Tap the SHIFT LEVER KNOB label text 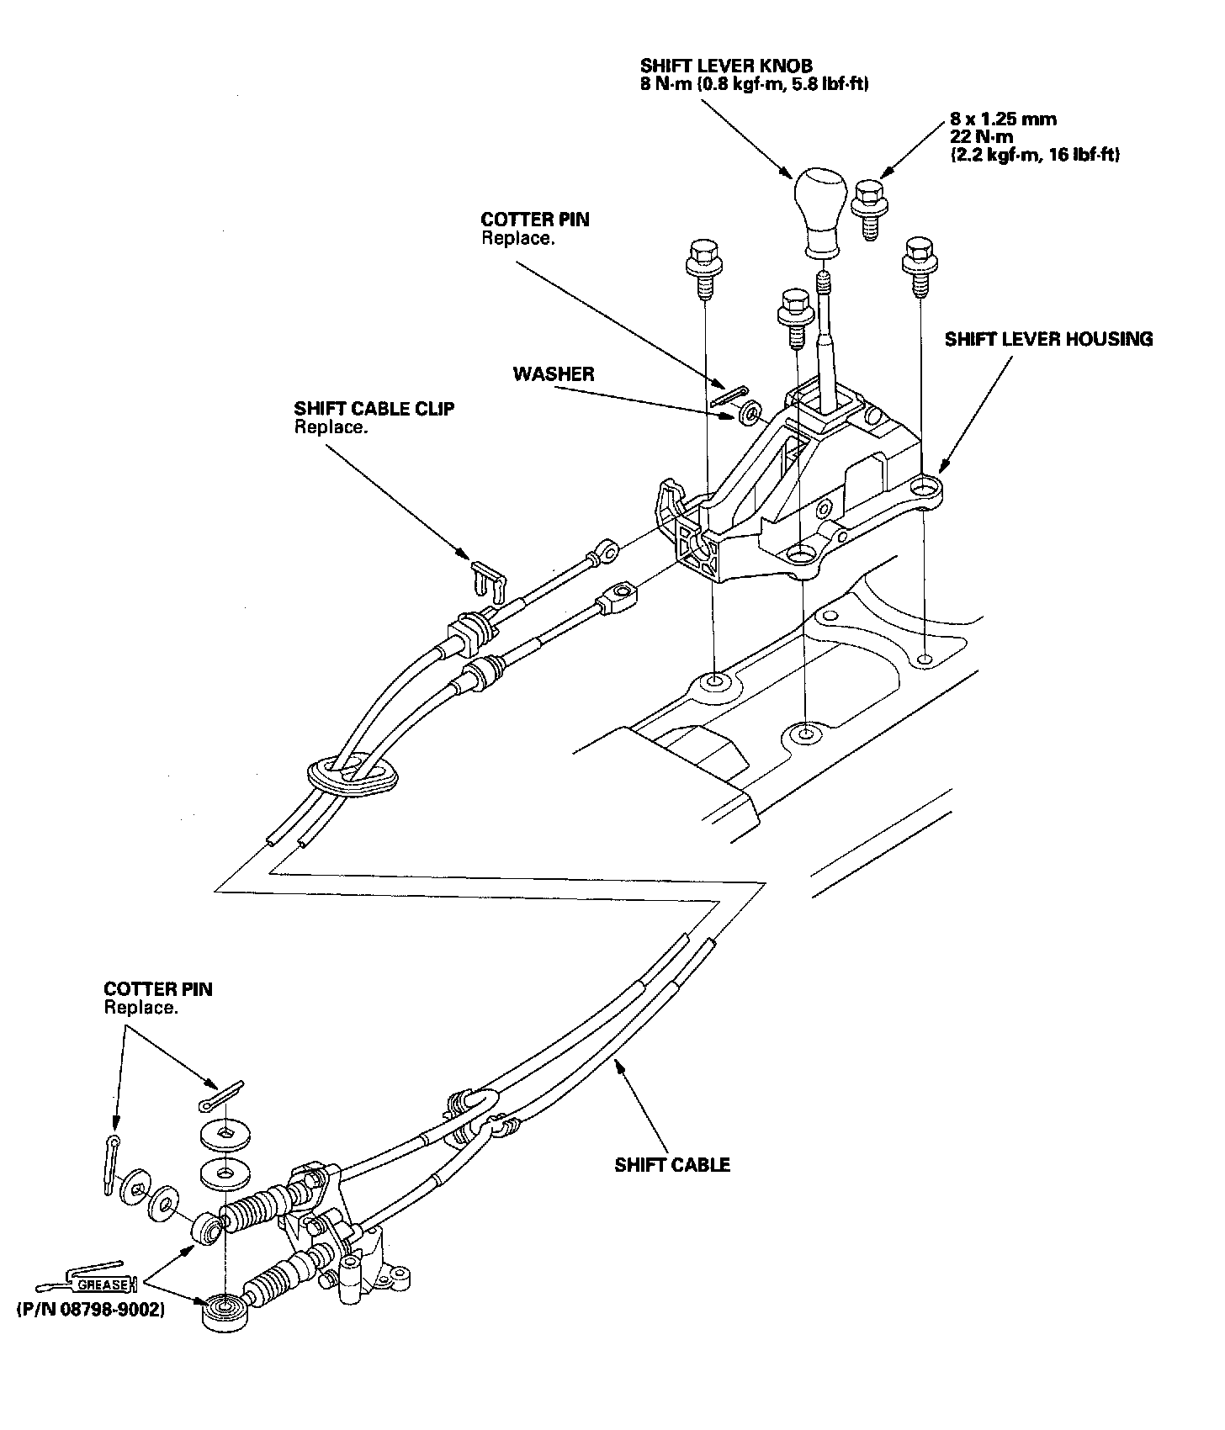[x=726, y=66]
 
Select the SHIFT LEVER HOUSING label [x=1048, y=339]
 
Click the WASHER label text [x=554, y=374]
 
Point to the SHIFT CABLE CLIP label [x=374, y=409]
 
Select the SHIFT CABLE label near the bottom [x=672, y=1165]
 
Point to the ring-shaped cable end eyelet [x=603, y=552]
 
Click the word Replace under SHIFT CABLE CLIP [x=331, y=427]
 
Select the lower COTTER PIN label [x=158, y=989]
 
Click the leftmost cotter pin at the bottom [x=110, y=1164]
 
